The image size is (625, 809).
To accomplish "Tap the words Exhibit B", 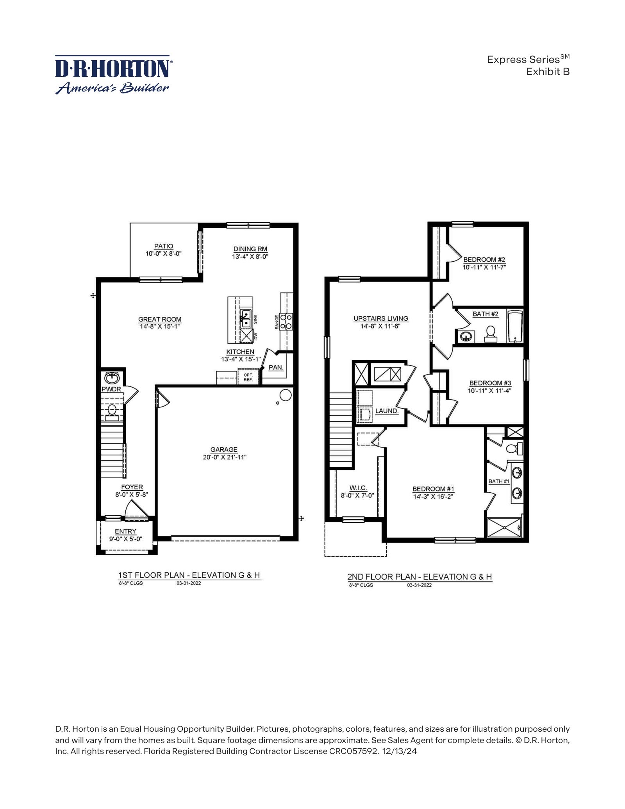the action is [x=548, y=72].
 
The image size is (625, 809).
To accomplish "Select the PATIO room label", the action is [x=164, y=246].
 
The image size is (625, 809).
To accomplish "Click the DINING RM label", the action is [x=250, y=249].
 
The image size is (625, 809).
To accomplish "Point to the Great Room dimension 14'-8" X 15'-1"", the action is [x=160, y=327].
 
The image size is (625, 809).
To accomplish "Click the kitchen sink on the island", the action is [x=246, y=319].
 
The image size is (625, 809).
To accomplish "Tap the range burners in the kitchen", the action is [x=286, y=321].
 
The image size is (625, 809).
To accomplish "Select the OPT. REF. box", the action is [x=248, y=377].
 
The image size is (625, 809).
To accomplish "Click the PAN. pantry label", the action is [x=276, y=368].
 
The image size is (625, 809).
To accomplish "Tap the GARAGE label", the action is [x=224, y=450].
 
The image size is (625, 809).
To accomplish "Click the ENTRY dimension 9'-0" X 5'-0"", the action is [x=125, y=539].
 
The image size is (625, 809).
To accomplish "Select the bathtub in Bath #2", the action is [x=515, y=327].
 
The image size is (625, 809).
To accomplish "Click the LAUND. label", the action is [x=387, y=411].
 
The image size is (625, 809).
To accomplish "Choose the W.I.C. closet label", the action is [x=358, y=488].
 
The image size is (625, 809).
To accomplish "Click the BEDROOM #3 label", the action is [x=490, y=383].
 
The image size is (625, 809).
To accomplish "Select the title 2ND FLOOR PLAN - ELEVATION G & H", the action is [x=420, y=577].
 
